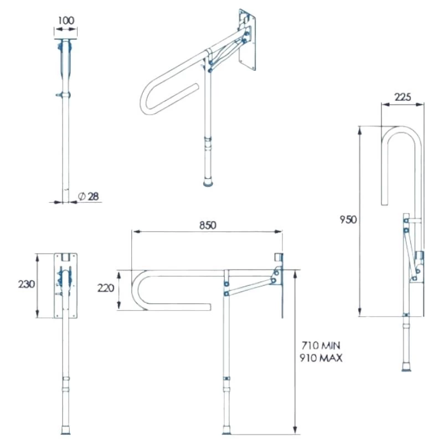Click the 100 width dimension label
tap(66, 20)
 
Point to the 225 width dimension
tap(402, 96)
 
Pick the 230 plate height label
tap(26, 284)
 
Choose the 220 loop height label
tap(105, 288)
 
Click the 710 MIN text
tap(321, 346)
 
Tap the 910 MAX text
tap(321, 358)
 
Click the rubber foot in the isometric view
tap(209, 182)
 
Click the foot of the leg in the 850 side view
tap(226, 430)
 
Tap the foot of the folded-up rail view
tap(407, 367)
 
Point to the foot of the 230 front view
tap(66, 430)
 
